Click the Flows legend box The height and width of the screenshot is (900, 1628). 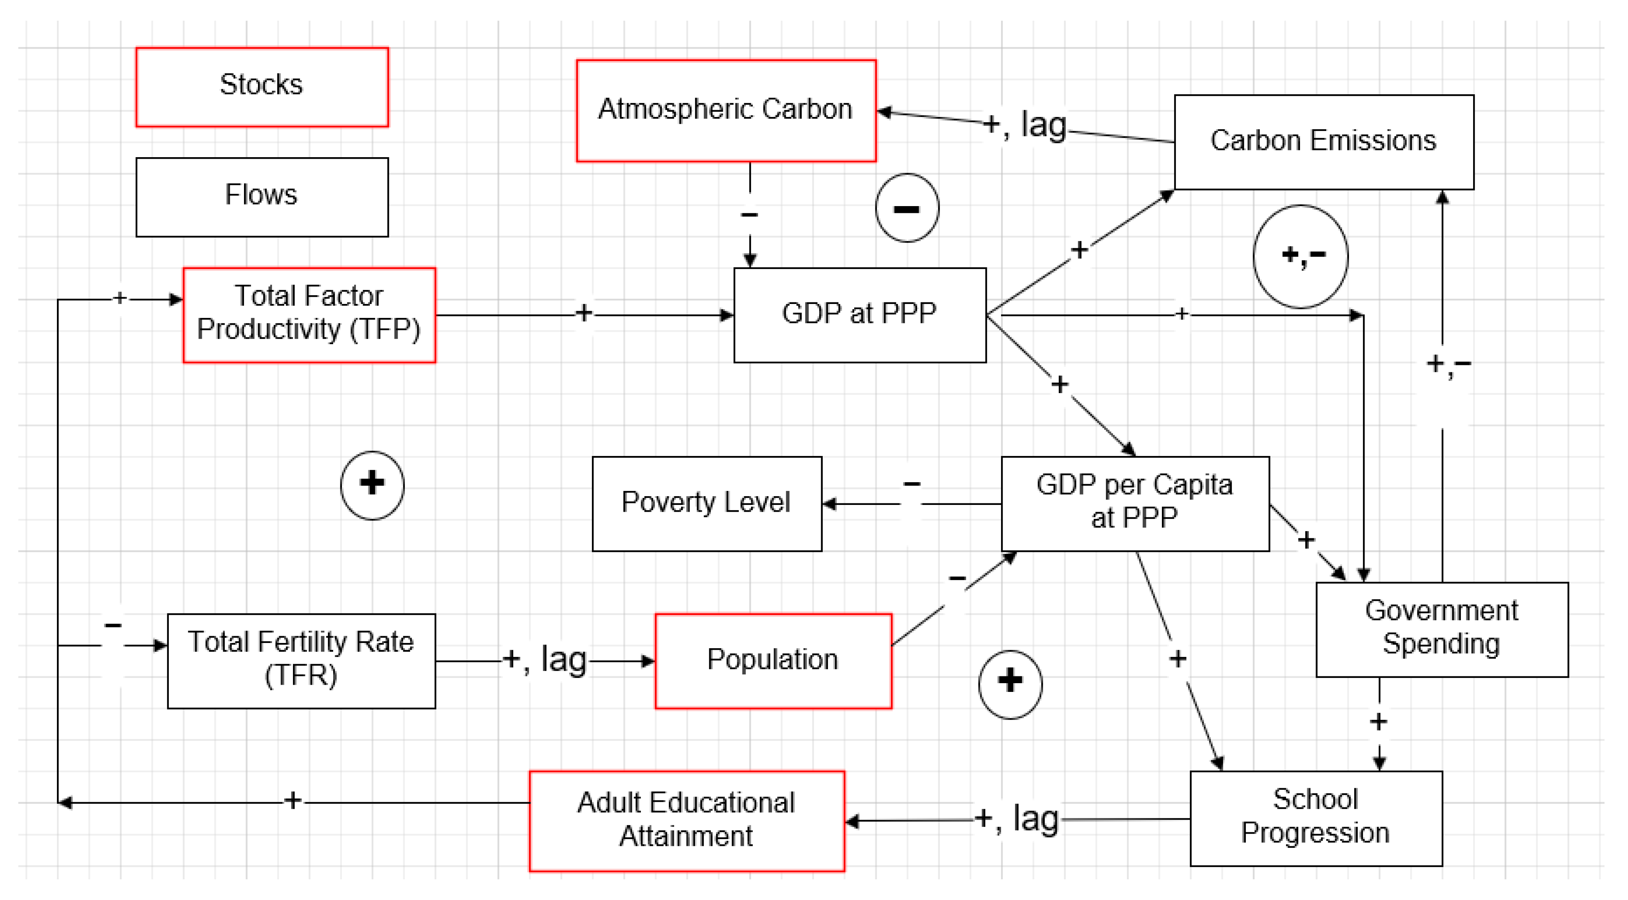point(262,197)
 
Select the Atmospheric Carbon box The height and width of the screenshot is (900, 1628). point(726,111)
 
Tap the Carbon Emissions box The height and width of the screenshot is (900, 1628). point(1323,142)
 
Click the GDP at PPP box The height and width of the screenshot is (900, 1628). point(859,315)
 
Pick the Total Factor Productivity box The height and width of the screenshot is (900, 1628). point(309,315)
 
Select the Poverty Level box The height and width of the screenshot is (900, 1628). point(707,503)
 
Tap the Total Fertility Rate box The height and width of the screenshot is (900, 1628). point(301,660)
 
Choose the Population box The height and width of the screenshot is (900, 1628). point(773,660)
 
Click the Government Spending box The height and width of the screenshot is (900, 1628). point(1442,629)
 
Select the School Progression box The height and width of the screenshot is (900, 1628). point(1316,818)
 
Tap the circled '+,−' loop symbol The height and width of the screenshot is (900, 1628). point(1301,256)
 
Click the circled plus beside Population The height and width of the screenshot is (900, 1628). point(1010,684)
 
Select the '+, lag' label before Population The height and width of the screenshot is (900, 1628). point(545,660)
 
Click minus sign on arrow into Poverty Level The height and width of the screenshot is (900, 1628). point(912,485)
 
